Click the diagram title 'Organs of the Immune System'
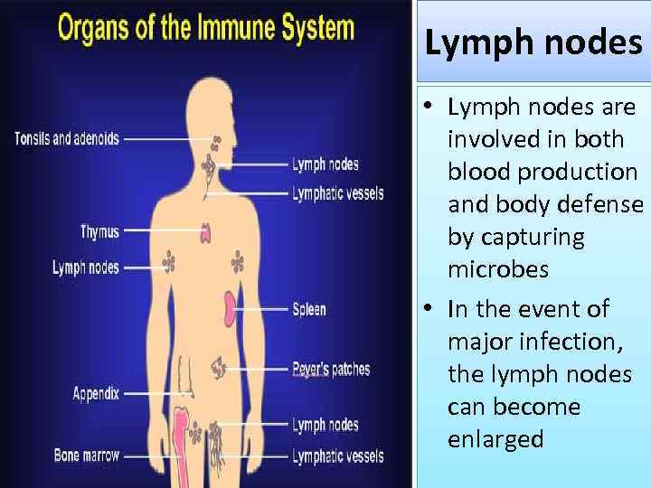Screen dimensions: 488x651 coord(206,27)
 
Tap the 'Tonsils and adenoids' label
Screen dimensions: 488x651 coord(66,139)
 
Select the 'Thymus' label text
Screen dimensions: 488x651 coord(99,231)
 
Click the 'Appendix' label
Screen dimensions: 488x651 coord(95,394)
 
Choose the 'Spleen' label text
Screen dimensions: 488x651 coord(309,310)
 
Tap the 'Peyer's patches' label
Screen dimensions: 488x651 coord(331,369)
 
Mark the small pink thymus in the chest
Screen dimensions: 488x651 coord(206,233)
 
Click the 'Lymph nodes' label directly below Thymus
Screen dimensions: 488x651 coord(85,267)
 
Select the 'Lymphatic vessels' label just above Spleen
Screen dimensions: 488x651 coord(337,193)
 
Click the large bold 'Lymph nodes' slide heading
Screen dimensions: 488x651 coord(533,43)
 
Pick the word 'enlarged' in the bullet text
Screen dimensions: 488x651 coord(495,439)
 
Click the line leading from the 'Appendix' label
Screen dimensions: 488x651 coord(156,394)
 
